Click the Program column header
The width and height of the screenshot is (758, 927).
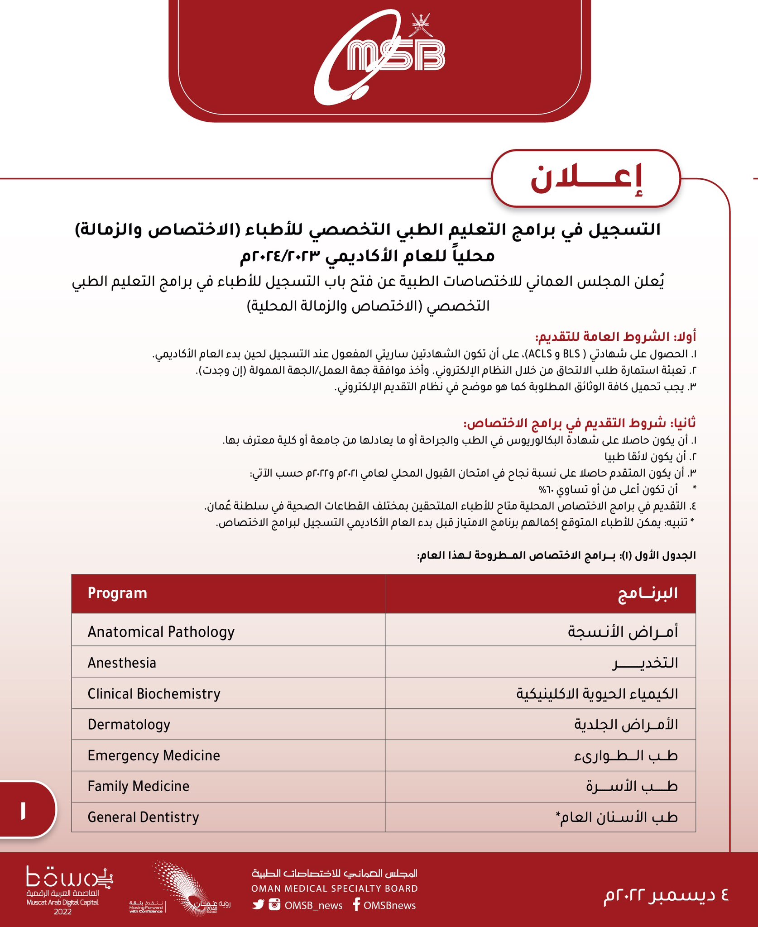tap(117, 593)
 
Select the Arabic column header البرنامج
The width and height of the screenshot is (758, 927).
tap(648, 593)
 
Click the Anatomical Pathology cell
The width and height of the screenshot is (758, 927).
tap(161, 632)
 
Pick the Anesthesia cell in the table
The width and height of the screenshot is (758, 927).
tap(122, 663)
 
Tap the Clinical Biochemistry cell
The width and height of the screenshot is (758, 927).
tap(154, 694)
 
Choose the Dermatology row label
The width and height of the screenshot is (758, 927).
tap(129, 725)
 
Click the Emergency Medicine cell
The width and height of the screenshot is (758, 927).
tap(154, 755)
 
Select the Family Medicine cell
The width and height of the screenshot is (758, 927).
tap(139, 786)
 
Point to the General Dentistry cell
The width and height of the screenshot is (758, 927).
tap(144, 817)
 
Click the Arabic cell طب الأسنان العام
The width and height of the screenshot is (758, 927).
tap(617, 817)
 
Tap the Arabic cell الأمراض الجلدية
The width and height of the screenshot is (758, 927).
tap(626, 725)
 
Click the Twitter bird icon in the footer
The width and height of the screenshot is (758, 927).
tap(259, 905)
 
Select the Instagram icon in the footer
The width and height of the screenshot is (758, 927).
tap(274, 905)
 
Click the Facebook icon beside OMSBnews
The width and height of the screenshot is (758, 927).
tap(356, 904)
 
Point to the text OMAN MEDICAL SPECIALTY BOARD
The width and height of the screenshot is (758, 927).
tap(335, 889)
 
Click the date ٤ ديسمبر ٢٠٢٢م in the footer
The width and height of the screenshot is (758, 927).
tap(666, 895)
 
